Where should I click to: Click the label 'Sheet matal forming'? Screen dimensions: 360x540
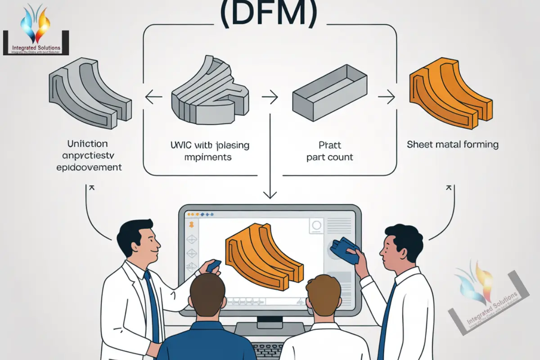453,144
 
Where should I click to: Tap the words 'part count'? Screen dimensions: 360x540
329,157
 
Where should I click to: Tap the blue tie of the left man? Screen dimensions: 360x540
152,306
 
